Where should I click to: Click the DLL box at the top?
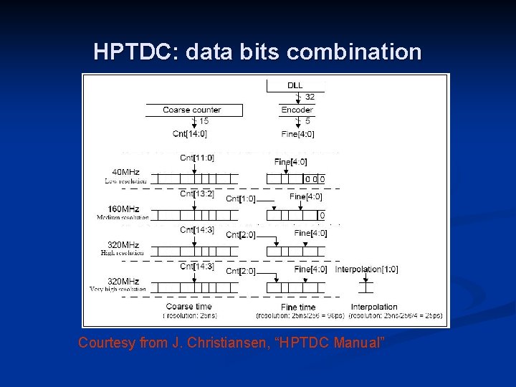295,86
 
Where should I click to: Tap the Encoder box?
297,110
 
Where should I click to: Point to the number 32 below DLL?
310,97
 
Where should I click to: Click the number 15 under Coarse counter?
204,120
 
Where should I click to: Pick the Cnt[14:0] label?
191,133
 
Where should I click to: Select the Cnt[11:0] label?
197,158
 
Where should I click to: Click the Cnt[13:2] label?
197,192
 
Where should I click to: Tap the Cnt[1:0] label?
240,199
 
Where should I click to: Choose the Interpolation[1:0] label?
366,269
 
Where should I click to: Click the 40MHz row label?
125,172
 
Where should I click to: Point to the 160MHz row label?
123,209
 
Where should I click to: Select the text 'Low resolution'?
125,181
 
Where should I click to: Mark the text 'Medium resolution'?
123,217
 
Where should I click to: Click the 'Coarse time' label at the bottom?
189,307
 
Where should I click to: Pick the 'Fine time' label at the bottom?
298,307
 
